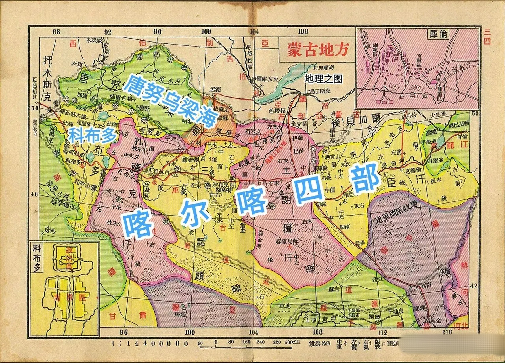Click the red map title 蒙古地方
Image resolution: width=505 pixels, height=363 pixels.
coord(317,50)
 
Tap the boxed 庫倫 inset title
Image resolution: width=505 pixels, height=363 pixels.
coord(439,34)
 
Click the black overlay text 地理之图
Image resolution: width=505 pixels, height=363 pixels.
coord(323,79)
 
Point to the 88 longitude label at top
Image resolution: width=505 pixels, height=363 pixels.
coord(56,31)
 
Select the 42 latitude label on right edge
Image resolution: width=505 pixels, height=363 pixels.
coord(473,286)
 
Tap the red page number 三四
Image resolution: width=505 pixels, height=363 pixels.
coord(487,37)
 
